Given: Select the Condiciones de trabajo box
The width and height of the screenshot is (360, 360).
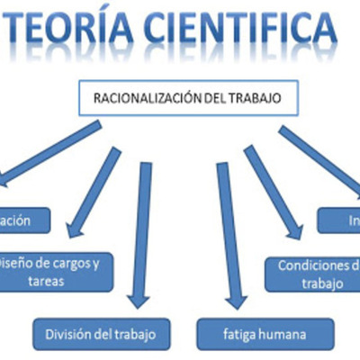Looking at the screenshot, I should pos(311,274).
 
